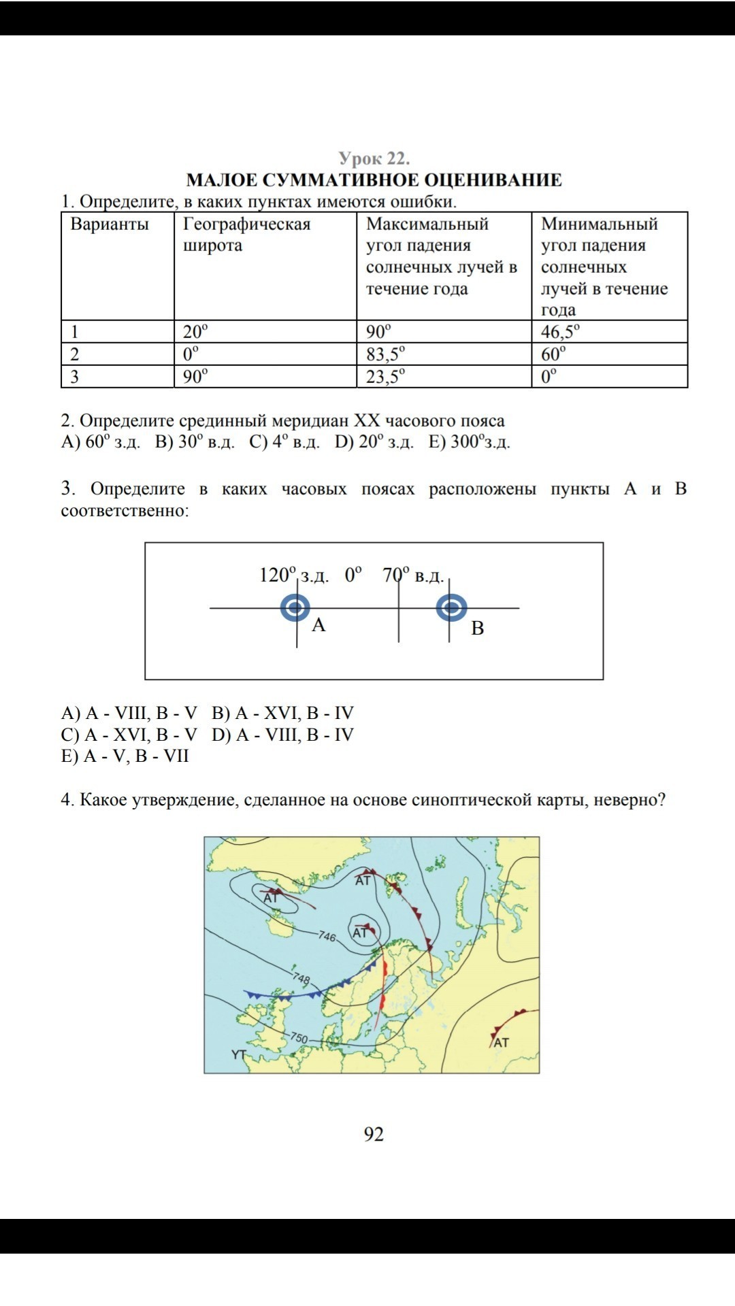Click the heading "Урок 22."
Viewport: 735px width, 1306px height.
click(374, 158)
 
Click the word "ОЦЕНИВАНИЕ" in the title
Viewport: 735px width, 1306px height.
click(493, 180)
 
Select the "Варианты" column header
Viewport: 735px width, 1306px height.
click(110, 224)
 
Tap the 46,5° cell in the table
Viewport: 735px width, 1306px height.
click(560, 331)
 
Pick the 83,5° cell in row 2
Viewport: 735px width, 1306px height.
click(385, 354)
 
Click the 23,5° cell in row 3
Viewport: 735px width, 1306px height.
click(385, 376)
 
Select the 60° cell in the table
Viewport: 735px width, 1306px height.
click(553, 354)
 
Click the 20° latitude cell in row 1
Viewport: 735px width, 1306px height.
click(195, 331)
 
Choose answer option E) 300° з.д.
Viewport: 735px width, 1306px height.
click(469, 442)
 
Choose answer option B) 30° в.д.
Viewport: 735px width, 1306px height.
click(195, 442)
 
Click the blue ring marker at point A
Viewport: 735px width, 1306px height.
click(295, 607)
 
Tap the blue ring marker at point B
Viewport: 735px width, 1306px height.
click(451, 607)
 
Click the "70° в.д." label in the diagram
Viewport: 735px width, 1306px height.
click(413, 575)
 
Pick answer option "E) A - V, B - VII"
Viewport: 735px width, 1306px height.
click(125, 756)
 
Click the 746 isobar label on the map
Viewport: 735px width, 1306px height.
click(327, 937)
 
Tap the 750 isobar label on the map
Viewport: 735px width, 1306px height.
click(299, 1038)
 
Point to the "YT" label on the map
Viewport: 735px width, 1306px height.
click(239, 1054)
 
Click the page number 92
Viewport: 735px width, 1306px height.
click(374, 1134)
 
